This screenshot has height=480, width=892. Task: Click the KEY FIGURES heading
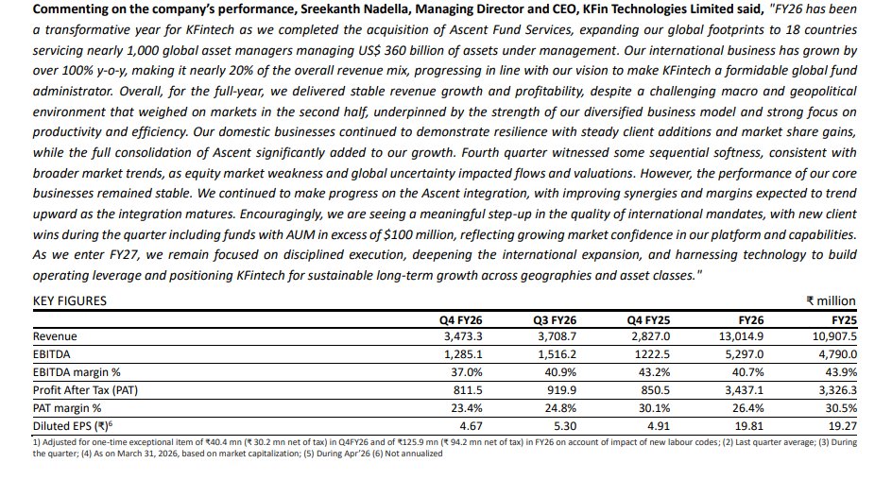tap(70, 300)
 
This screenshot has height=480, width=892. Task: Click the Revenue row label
tap(56, 335)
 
